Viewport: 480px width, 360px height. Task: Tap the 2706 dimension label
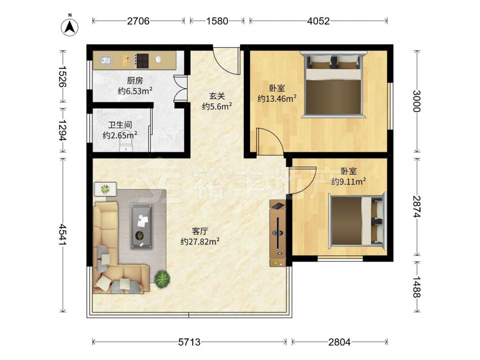coord(138,21)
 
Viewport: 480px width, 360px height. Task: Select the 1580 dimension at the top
coord(217,21)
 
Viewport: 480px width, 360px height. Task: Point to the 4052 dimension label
coord(318,21)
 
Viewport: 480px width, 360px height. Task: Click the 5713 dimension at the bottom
coord(189,342)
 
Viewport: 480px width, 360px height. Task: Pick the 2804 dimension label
coord(339,342)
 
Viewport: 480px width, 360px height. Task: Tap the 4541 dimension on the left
coord(63,235)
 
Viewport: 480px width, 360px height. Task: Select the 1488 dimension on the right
coord(417,287)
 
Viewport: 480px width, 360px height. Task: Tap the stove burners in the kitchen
coord(142,60)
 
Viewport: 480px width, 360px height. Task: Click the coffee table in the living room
coord(141,226)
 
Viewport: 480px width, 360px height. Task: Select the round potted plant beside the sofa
coord(162,279)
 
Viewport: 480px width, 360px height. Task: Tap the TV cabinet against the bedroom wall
coord(277,233)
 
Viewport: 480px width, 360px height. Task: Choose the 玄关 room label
coord(217,96)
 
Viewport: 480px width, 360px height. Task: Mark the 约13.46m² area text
coord(277,98)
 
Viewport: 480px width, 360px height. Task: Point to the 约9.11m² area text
coord(348,181)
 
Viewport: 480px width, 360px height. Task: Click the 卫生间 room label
coord(120,125)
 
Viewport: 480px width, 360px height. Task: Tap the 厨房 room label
coord(135,81)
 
